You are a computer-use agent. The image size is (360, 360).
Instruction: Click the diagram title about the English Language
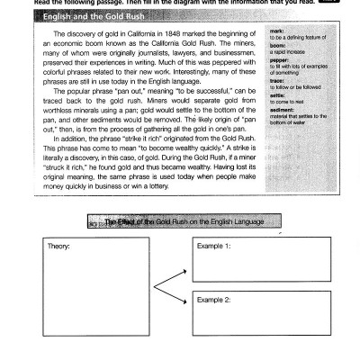(x=184, y=220)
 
